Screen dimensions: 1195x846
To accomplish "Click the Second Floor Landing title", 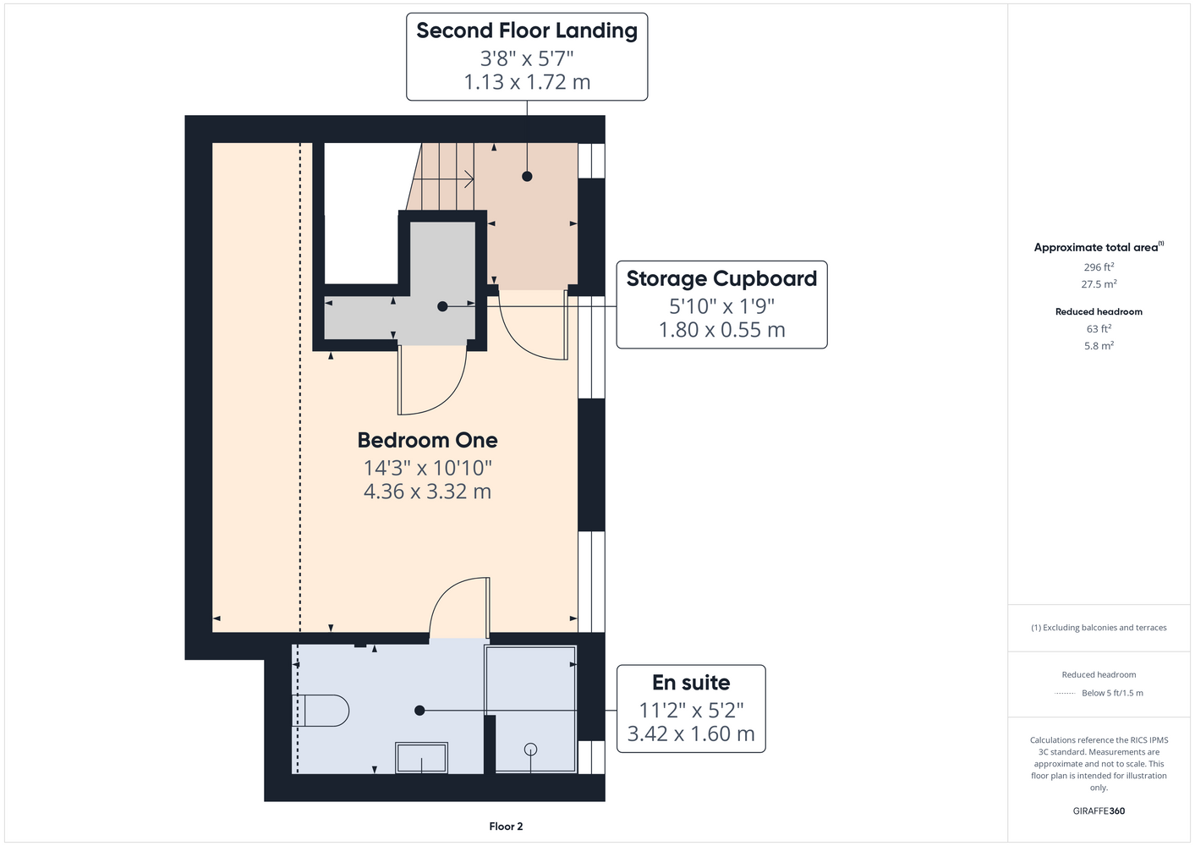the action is click(x=527, y=30).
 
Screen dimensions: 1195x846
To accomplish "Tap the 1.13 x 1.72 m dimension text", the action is click(x=527, y=82).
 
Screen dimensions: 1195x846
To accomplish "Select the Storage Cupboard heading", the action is click(x=721, y=278).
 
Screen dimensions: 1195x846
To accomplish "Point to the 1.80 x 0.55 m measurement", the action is click(x=721, y=330).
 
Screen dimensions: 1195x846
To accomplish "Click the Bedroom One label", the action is click(x=427, y=441).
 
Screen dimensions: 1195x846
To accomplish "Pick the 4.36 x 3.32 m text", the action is click(x=427, y=491).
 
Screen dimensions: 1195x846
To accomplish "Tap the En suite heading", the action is click(x=691, y=683).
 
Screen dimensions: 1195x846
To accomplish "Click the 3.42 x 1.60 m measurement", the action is click(x=691, y=734).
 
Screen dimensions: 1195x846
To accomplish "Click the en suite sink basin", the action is click(x=421, y=757).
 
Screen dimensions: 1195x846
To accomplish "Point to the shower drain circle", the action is click(x=530, y=750).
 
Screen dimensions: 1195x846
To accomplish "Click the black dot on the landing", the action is click(x=527, y=176).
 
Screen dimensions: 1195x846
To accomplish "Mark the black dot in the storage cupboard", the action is click(x=442, y=306).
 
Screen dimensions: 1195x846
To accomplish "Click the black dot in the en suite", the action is click(x=419, y=711).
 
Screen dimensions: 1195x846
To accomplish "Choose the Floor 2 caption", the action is click(x=506, y=827).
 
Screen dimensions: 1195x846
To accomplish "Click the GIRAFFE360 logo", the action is click(x=1099, y=810).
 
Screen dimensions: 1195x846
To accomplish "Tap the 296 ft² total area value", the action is click(x=1099, y=266).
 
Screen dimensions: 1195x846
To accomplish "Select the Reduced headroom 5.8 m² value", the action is click(x=1099, y=345).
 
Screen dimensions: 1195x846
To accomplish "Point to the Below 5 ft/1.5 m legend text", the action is click(x=1112, y=693).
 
